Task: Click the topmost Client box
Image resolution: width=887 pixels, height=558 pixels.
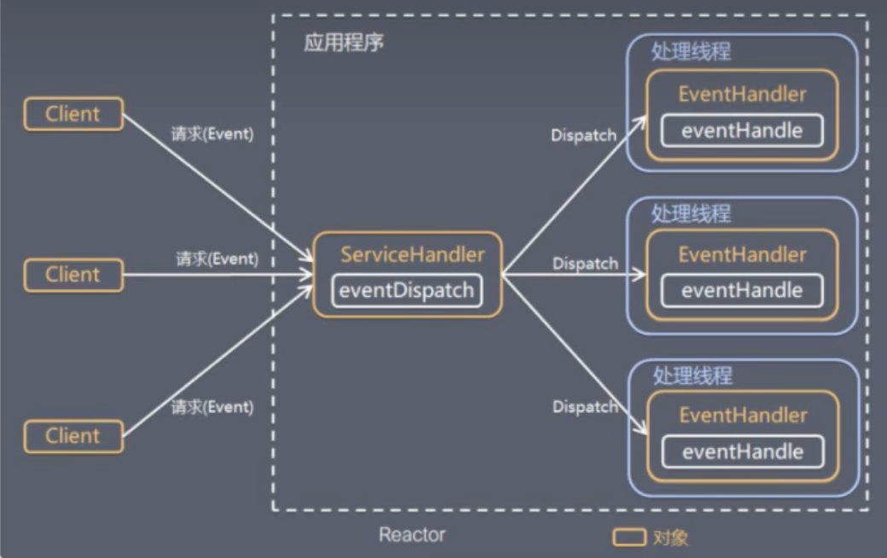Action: [72, 113]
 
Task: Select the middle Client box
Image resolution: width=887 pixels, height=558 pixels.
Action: [72, 275]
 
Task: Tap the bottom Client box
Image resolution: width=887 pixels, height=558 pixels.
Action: [72, 436]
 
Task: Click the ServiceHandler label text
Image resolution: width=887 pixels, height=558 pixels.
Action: [413, 254]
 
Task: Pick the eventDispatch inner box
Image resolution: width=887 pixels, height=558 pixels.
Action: [406, 290]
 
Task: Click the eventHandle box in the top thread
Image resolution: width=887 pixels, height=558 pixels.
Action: [741, 131]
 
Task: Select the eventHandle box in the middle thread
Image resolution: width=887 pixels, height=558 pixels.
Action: [741, 290]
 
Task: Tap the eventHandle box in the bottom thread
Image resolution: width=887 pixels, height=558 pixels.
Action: [741, 451]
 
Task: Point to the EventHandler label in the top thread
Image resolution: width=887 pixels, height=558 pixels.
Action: [742, 94]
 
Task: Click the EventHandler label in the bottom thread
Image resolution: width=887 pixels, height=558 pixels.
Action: [742, 416]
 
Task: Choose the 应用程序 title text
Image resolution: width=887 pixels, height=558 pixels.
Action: [344, 43]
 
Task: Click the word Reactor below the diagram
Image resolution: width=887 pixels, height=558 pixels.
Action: [412, 535]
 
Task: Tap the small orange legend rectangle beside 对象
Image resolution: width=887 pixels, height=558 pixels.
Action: [629, 537]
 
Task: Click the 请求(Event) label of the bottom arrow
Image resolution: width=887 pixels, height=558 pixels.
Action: [212, 407]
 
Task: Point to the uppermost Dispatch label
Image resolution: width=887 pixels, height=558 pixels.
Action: [583, 136]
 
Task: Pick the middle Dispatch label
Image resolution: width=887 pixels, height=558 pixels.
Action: [585, 264]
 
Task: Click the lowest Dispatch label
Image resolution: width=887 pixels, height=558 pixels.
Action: [585, 407]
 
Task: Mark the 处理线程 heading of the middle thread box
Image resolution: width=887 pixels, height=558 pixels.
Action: [691, 213]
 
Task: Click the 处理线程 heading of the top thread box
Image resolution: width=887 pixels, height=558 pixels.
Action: [691, 51]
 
